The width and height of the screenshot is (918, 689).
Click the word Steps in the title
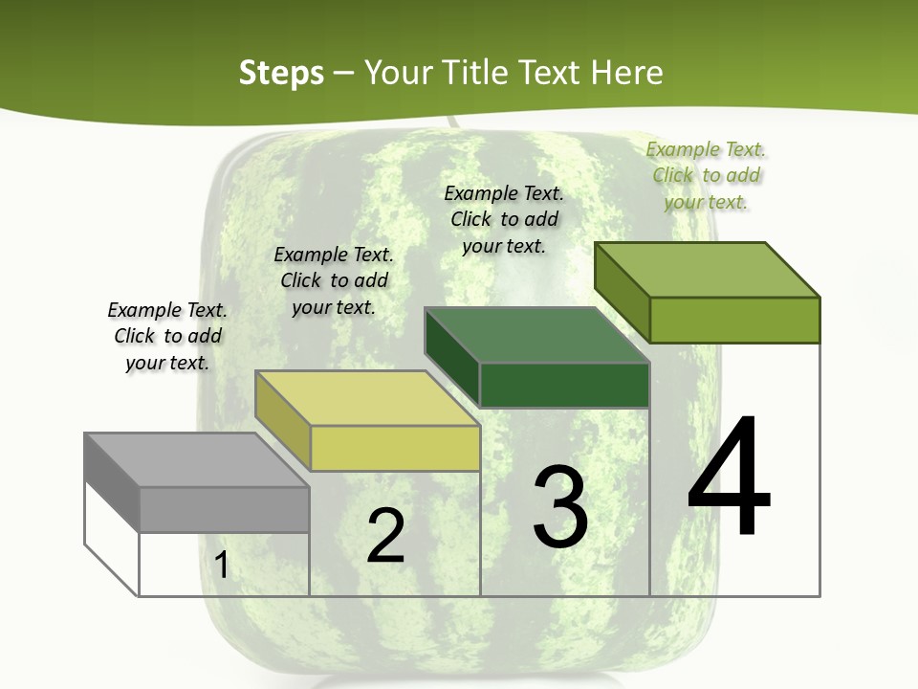point(281,73)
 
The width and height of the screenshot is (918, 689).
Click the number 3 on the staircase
point(560,507)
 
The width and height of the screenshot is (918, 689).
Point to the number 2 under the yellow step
point(385,536)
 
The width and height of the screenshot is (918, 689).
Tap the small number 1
point(222,566)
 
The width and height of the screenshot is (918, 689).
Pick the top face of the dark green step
point(536,335)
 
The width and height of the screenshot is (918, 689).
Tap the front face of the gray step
point(225,509)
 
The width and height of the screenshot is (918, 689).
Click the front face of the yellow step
point(395,448)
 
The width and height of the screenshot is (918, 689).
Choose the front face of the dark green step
point(564,385)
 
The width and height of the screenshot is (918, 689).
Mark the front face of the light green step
point(734,320)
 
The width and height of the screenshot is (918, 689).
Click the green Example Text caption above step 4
point(706,175)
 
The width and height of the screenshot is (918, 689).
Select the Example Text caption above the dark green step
point(504,219)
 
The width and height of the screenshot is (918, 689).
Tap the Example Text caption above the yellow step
point(334,280)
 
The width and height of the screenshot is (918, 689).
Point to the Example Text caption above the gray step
point(167,336)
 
